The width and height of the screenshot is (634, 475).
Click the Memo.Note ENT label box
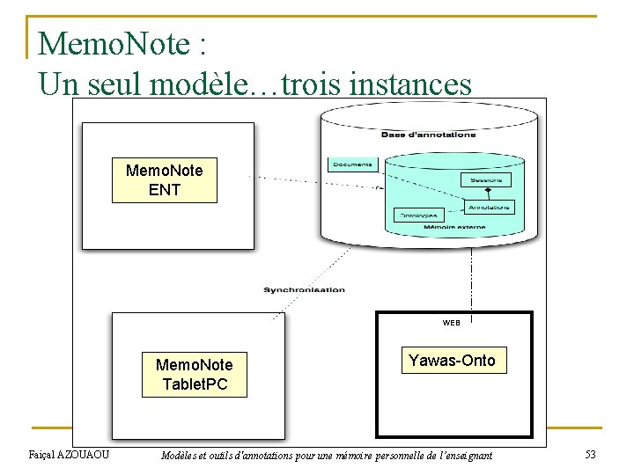coord(164,180)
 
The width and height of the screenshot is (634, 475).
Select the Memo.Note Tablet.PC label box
coord(195,375)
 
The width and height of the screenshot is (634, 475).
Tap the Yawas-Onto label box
coord(453,361)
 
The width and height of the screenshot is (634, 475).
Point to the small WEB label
coord(451,323)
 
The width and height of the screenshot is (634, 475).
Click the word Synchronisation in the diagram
coord(304,289)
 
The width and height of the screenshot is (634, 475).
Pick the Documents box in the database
coord(352,164)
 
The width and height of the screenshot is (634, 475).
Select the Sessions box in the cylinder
coord(485,179)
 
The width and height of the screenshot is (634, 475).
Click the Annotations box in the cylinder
coord(489,208)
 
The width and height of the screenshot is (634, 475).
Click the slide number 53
coord(591,455)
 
